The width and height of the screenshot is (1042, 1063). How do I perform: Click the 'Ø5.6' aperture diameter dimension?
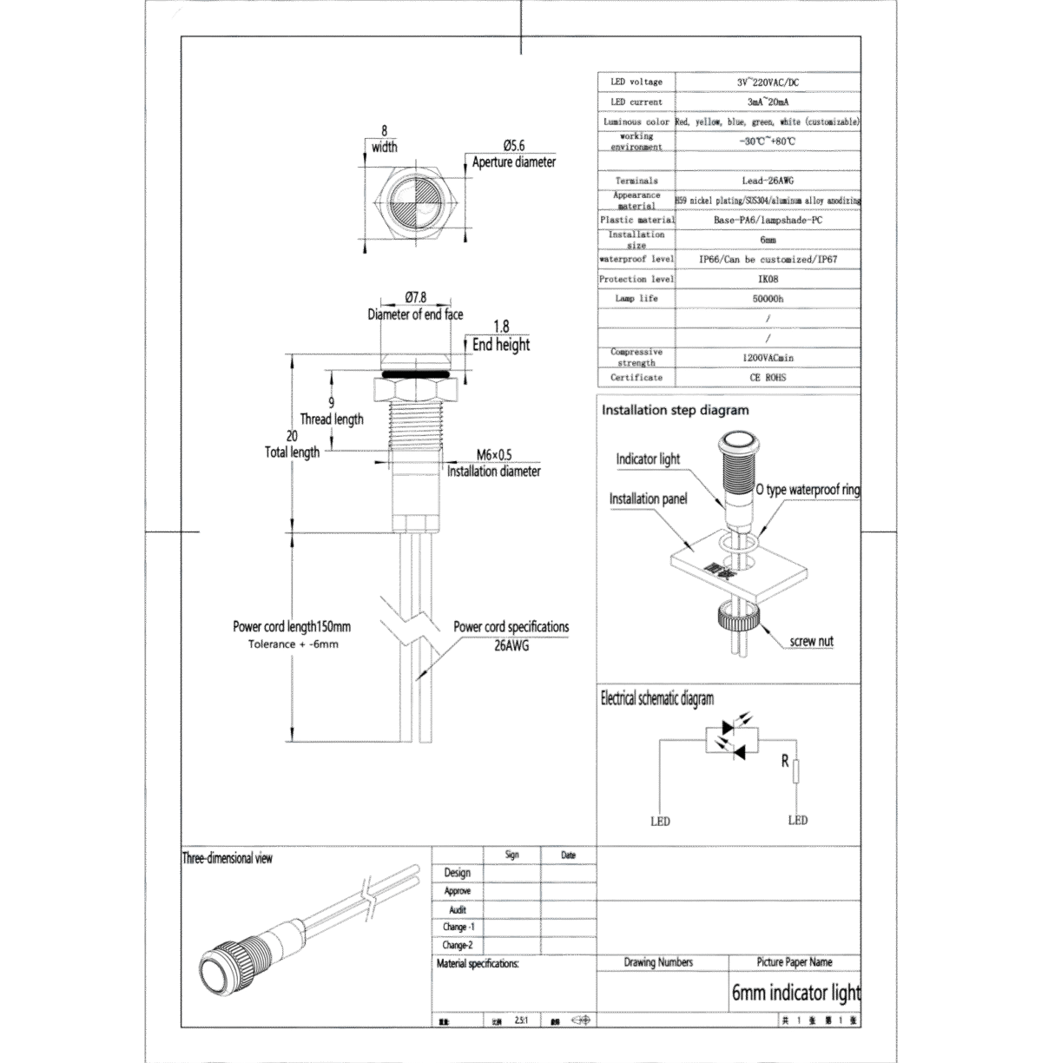[514, 146]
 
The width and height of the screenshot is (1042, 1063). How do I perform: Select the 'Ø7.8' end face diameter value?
[416, 298]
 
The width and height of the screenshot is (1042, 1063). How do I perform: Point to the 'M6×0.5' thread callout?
[494, 455]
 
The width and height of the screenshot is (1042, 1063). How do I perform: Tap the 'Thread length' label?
[332, 419]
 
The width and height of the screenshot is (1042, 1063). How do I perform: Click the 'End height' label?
[501, 345]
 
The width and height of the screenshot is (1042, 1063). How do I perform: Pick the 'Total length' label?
[292, 452]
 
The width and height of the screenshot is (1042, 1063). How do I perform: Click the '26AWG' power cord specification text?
[511, 645]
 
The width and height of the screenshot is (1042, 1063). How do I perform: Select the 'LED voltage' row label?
[636, 82]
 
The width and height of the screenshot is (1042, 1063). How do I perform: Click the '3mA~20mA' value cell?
[768, 102]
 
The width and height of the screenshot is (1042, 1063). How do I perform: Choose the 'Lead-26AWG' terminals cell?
[768, 181]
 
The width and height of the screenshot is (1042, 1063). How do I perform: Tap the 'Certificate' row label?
[636, 377]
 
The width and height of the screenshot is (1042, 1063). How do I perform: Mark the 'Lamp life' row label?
[636, 298]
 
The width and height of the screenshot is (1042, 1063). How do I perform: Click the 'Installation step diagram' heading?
[675, 410]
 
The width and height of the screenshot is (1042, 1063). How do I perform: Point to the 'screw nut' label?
[811, 642]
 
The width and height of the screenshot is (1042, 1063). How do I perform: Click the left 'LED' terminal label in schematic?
[660, 820]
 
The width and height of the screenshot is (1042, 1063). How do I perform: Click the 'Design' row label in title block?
[457, 873]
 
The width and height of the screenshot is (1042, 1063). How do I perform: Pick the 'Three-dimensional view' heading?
[228, 858]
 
